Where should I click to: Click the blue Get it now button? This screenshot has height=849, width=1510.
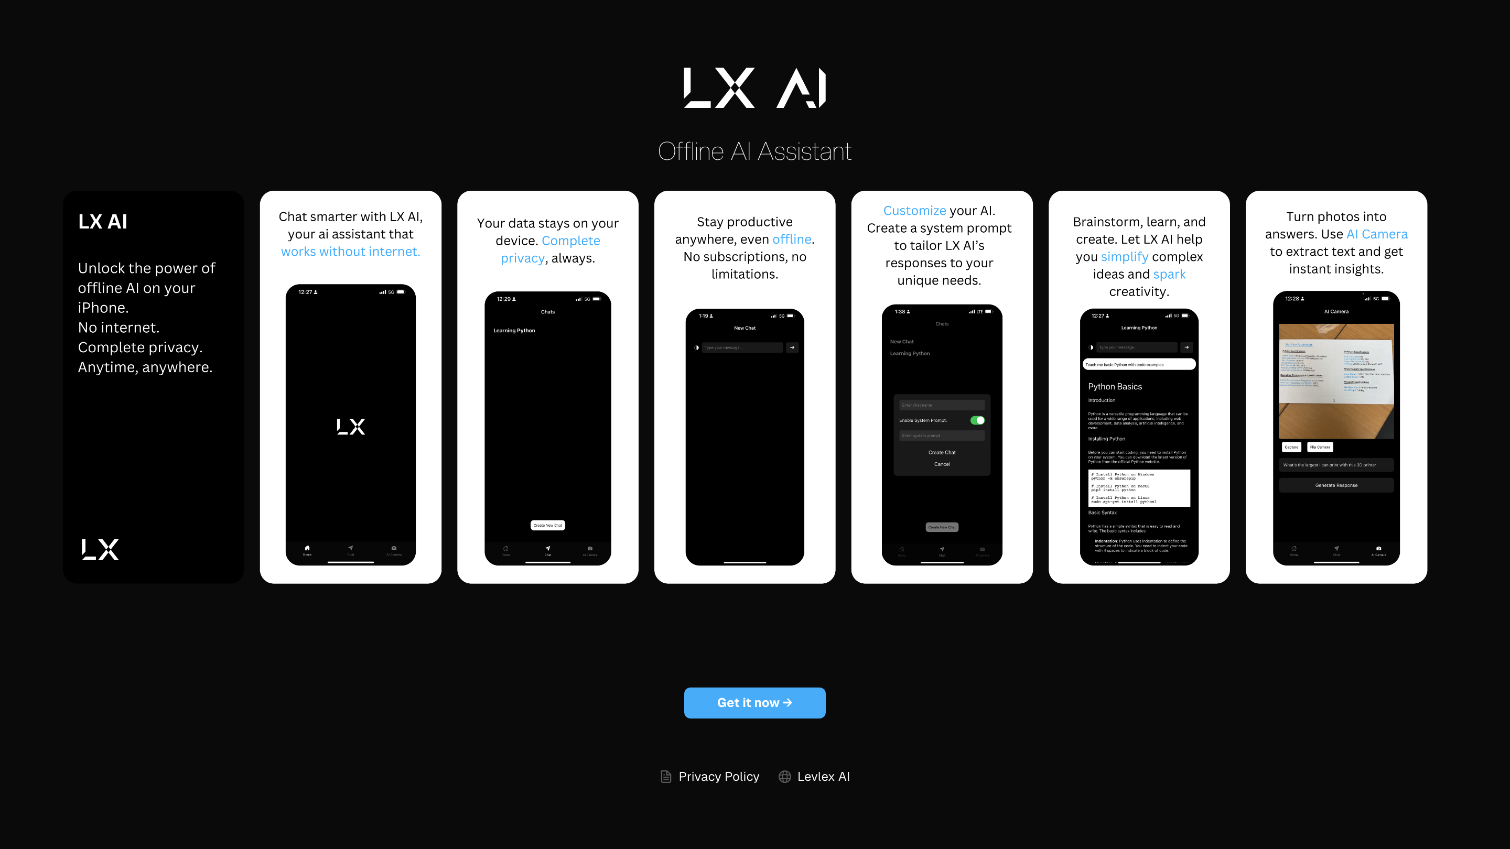coord(754,702)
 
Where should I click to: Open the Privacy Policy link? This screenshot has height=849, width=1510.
coord(719,776)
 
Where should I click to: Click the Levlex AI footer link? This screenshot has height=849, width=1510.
coord(823,776)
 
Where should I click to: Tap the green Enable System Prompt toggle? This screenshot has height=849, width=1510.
coord(977,420)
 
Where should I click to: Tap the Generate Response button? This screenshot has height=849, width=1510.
coord(1336,485)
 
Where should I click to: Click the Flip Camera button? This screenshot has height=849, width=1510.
coord(1320,447)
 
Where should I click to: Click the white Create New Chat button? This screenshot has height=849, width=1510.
coord(547,525)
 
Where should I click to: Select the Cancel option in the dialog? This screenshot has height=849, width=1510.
coord(942,464)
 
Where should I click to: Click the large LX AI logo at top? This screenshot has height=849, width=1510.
coord(754,88)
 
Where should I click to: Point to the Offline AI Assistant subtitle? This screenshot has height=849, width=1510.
coord(754,151)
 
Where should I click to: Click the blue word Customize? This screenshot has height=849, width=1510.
coord(914,210)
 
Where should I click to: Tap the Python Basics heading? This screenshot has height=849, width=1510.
coord(1114,387)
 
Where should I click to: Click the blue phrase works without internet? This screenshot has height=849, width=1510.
coord(351,252)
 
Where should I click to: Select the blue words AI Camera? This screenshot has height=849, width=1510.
coord(1376,234)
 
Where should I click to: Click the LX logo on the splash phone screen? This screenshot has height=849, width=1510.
coord(351,427)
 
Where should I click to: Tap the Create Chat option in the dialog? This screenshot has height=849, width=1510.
coord(942,452)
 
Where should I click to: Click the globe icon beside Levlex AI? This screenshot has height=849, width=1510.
coord(784,776)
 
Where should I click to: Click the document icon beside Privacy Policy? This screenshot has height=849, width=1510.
coord(666,776)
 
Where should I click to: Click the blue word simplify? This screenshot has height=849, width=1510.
coord(1124,257)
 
